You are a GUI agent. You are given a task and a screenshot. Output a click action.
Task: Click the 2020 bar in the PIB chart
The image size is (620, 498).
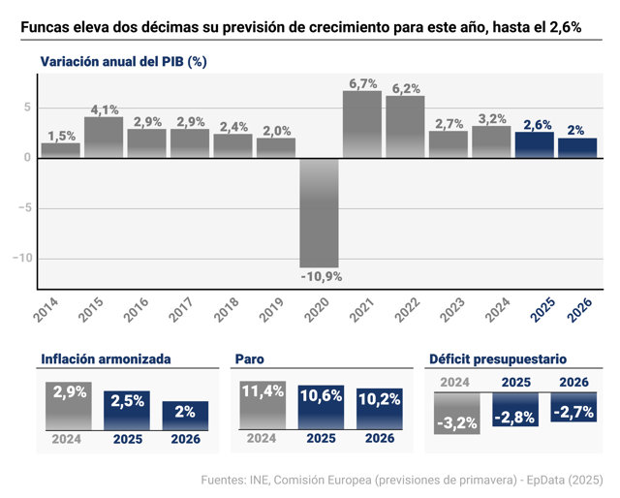pyautogui.click(x=319, y=213)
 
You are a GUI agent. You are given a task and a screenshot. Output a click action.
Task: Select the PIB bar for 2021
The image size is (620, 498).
pyautogui.click(x=361, y=125)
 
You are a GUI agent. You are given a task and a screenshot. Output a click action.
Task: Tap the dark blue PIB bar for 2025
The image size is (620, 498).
pyautogui.click(x=534, y=145)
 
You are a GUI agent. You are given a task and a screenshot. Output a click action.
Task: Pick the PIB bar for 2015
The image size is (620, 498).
pyautogui.click(x=104, y=138)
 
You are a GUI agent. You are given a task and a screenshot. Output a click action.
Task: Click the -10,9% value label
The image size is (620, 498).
pyautogui.click(x=322, y=277)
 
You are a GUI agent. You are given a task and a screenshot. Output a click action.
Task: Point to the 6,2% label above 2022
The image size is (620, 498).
pyautogui.click(x=406, y=88)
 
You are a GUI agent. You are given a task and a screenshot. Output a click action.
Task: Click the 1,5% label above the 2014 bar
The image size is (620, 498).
pyautogui.click(x=62, y=136)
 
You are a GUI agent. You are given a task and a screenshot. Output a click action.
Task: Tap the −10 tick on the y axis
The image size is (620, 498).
pyautogui.click(x=22, y=259)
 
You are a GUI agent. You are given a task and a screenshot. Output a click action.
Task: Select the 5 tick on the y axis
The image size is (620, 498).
pyautogui.click(x=27, y=108)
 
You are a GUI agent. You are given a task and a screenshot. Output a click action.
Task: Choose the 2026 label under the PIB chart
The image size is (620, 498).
pyautogui.click(x=579, y=310)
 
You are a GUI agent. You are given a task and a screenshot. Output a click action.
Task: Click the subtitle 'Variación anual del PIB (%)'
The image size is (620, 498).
pyautogui.click(x=123, y=62)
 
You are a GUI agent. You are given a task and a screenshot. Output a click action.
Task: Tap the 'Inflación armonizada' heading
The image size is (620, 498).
pyautogui.click(x=106, y=359)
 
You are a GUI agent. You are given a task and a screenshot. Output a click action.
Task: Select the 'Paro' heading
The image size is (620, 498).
pyautogui.click(x=250, y=359)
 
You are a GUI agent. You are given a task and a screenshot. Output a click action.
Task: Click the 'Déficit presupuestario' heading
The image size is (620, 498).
pyautogui.click(x=498, y=359)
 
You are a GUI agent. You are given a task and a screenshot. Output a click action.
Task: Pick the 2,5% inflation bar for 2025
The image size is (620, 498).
pyautogui.click(x=127, y=411)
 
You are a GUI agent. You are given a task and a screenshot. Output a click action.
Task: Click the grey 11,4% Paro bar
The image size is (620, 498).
pyautogui.click(x=263, y=405)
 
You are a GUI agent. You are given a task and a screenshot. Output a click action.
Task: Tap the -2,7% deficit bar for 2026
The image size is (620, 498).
pyautogui.click(x=573, y=407)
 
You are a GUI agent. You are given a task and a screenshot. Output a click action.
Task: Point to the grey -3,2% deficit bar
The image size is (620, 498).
pyautogui.click(x=457, y=414)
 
